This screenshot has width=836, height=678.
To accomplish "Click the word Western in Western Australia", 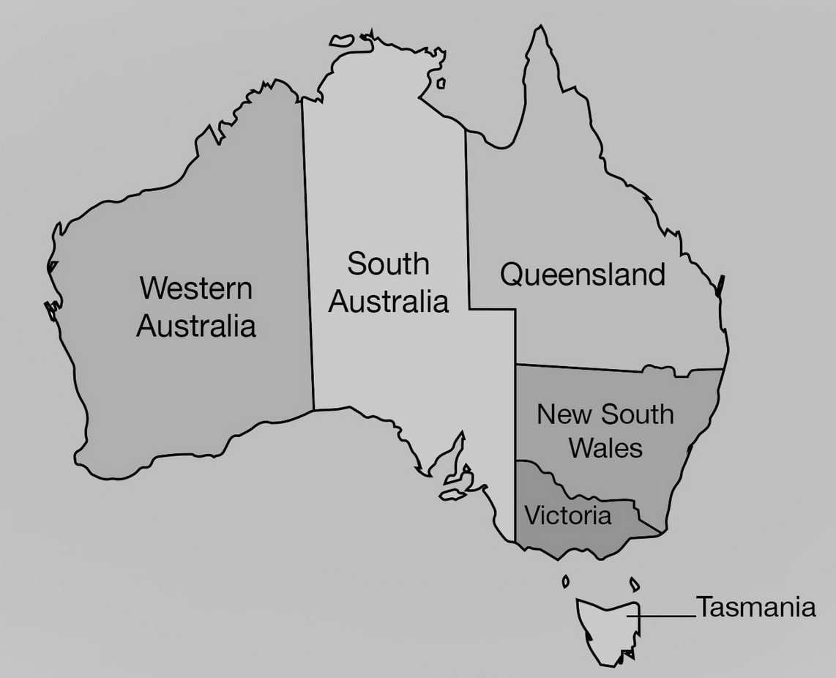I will click(195, 288).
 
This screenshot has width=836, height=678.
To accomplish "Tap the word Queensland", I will click(583, 275).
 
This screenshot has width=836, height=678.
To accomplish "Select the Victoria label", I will click(567, 515).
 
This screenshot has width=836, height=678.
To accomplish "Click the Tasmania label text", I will click(755, 607).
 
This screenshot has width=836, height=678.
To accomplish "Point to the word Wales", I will click(605, 447).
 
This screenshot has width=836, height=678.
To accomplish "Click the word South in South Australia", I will click(388, 264).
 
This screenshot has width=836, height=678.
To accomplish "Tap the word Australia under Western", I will click(196, 326).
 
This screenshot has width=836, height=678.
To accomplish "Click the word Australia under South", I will click(388, 301).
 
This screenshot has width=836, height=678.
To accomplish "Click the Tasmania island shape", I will click(604, 626).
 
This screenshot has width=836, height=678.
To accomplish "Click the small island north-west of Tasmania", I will click(565, 581).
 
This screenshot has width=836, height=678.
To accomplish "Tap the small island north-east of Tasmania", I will click(635, 584).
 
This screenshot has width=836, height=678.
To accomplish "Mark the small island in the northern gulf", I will click(441, 83).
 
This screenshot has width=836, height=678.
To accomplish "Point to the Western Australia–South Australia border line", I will click(308, 256).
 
